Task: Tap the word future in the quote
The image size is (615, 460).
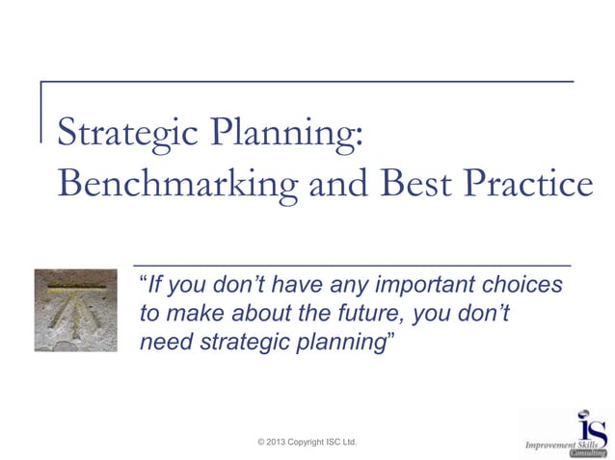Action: point(373,314)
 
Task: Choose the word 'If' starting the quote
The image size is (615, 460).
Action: point(153,286)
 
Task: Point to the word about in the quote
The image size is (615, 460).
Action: point(254,314)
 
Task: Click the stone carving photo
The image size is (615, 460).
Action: point(75,310)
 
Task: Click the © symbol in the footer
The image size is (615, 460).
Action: point(263,442)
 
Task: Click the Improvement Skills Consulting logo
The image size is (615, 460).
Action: point(567,433)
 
